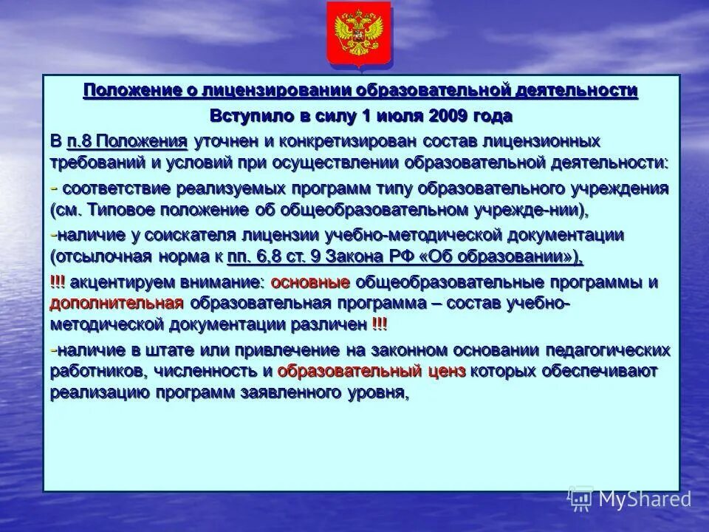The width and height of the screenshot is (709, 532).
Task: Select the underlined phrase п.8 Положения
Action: click(x=126, y=140)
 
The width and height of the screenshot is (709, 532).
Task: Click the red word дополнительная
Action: click(x=116, y=303)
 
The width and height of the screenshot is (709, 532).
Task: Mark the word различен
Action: click(x=332, y=324)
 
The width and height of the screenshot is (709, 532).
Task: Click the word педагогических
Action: click(x=609, y=349)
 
